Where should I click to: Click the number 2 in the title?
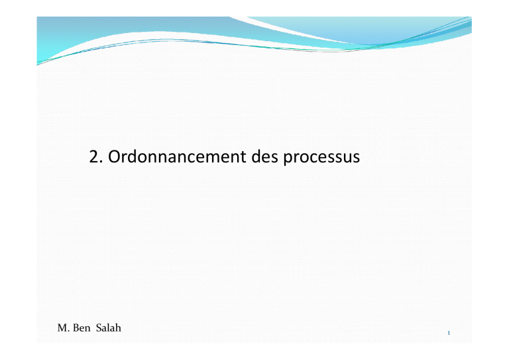click(x=94, y=156)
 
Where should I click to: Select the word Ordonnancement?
click(x=177, y=156)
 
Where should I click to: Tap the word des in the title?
click(x=265, y=156)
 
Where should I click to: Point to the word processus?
click(x=321, y=158)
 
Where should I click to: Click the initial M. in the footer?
click(x=64, y=328)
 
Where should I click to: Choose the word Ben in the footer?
click(x=82, y=328)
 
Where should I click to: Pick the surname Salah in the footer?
click(x=109, y=328)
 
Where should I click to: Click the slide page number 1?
click(x=449, y=333)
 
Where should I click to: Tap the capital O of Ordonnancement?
click(x=114, y=156)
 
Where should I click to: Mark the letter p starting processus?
click(x=288, y=159)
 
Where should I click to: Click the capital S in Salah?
click(x=99, y=328)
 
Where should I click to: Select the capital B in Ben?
click(x=76, y=328)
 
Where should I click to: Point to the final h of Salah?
click(x=118, y=328)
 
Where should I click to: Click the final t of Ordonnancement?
click(x=243, y=157)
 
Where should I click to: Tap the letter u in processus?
click(x=347, y=158)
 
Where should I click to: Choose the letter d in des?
click(x=256, y=156)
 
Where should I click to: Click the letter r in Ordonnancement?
click(x=125, y=158)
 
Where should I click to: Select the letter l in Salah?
click(x=108, y=328)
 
